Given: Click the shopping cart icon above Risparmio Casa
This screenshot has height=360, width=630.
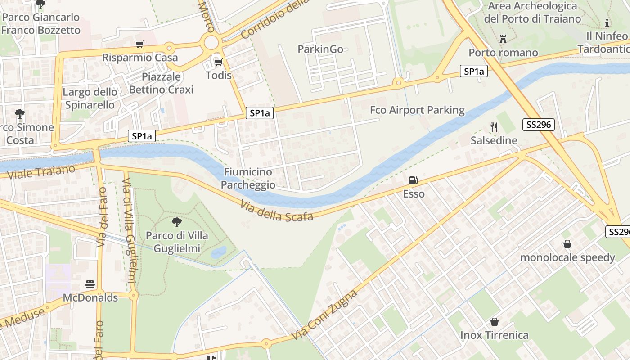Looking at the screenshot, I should [x=140, y=44].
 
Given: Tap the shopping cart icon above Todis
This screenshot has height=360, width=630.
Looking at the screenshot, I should [x=219, y=62].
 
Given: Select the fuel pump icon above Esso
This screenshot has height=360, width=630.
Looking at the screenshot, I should [x=413, y=181].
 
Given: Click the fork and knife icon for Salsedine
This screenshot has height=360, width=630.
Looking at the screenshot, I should [x=494, y=127].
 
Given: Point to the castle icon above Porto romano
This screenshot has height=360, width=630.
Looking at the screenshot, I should [x=503, y=39].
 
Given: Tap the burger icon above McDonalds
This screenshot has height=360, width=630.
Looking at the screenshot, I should [x=90, y=284].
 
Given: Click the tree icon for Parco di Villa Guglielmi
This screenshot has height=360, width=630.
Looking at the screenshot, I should [x=177, y=222].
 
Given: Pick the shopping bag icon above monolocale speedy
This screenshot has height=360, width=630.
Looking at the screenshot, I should [x=567, y=244].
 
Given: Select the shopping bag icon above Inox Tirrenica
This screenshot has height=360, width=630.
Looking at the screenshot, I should [x=495, y=322].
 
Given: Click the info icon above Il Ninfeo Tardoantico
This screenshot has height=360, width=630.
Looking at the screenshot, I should [x=607, y=23].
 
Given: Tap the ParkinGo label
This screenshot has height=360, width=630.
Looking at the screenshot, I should [x=320, y=49].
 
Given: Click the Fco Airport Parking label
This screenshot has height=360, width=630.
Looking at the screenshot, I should [x=417, y=110].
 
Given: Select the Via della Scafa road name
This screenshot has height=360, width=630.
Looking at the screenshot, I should [x=277, y=211].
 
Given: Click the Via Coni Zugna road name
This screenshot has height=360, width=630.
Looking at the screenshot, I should [x=324, y=315].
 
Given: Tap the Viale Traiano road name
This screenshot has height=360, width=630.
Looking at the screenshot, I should [x=41, y=172].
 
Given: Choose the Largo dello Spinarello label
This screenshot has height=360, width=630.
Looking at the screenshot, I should [x=90, y=98].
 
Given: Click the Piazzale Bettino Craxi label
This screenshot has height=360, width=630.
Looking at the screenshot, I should [x=161, y=83].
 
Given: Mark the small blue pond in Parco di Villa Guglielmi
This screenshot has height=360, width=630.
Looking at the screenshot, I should [x=219, y=252].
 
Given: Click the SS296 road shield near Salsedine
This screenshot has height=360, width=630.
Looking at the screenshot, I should [x=538, y=125].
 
